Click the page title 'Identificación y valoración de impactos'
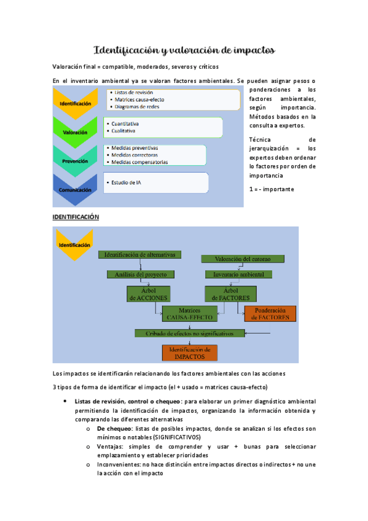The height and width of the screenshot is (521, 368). point(184,49)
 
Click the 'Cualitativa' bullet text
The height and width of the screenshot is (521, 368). point(123,131)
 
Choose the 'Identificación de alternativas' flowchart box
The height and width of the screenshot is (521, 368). point(140,254)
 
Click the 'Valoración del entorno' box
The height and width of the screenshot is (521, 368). point(234,259)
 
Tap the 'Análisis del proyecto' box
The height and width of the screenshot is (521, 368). point(141,274)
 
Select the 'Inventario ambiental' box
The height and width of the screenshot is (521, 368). point(234,274)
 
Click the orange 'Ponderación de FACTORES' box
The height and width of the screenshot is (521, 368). point(270,313)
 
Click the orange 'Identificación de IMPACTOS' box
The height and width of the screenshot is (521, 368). point(189,353)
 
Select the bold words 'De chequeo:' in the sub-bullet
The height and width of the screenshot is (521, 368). point(115,429)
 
